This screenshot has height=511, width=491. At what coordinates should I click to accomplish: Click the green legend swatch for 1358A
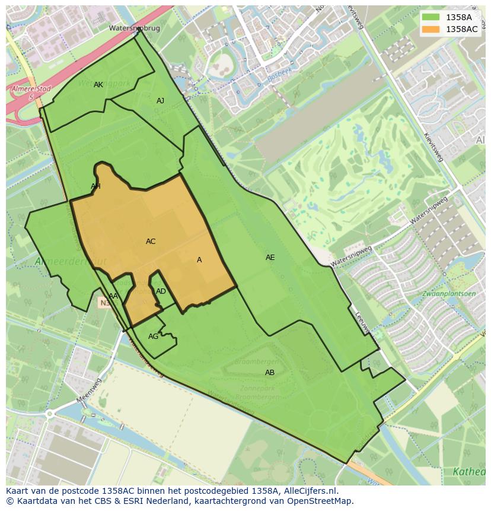click(x=431, y=17)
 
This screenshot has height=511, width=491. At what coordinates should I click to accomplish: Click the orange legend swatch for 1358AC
click(x=431, y=28)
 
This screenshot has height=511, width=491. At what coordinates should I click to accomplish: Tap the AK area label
click(x=98, y=85)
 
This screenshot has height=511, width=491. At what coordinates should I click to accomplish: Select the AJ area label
click(x=160, y=101)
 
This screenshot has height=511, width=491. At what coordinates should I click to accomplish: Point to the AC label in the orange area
click(x=151, y=242)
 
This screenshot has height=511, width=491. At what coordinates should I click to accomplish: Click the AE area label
click(x=270, y=258)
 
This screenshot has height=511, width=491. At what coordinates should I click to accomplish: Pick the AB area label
click(x=270, y=373)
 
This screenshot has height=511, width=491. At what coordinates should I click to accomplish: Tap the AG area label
click(x=153, y=337)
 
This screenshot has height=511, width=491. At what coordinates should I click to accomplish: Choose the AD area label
click(x=161, y=291)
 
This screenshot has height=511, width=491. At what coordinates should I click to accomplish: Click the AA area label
click(x=113, y=296)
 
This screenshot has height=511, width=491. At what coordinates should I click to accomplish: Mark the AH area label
click(x=95, y=186)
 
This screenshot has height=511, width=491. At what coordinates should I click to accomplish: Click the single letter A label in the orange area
click(x=199, y=260)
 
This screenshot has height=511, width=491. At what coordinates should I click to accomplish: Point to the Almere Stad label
click(x=30, y=89)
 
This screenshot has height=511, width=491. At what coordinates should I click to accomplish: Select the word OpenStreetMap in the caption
click(x=323, y=501)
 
